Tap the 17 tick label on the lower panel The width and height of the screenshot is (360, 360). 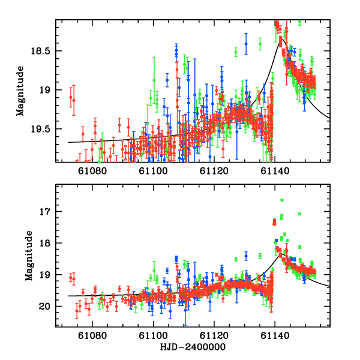47,212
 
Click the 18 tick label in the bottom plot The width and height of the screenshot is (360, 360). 47,244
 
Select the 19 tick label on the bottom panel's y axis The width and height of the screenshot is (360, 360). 47,275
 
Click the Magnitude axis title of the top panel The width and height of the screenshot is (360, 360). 20,91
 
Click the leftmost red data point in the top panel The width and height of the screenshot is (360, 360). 71,97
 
